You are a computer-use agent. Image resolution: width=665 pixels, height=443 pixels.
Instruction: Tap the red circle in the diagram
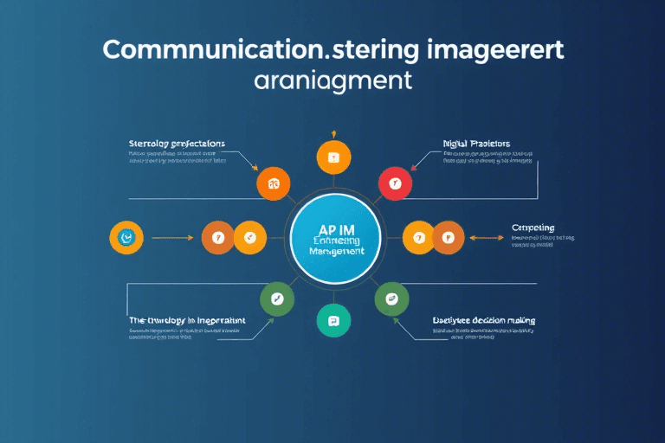coord(395,183)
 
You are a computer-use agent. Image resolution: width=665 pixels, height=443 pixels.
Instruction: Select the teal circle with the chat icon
coord(332,320)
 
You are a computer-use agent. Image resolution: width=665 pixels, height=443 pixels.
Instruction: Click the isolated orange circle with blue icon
coord(126,236)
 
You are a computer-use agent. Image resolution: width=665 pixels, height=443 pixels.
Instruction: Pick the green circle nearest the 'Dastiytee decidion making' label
coord(391,299)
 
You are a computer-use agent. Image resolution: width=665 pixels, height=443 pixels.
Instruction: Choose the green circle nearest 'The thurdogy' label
coord(277,299)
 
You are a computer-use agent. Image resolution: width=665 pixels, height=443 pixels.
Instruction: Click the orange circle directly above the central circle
coord(332,157)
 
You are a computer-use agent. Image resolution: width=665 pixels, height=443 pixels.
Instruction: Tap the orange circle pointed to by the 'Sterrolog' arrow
coord(274,183)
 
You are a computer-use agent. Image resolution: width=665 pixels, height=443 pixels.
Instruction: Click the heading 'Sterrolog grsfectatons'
coord(177,143)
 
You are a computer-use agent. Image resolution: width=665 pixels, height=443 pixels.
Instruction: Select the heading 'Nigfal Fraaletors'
coord(475,143)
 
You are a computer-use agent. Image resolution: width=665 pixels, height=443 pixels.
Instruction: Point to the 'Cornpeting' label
coord(533,228)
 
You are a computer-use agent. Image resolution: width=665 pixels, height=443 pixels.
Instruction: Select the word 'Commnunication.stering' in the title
coord(221,49)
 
